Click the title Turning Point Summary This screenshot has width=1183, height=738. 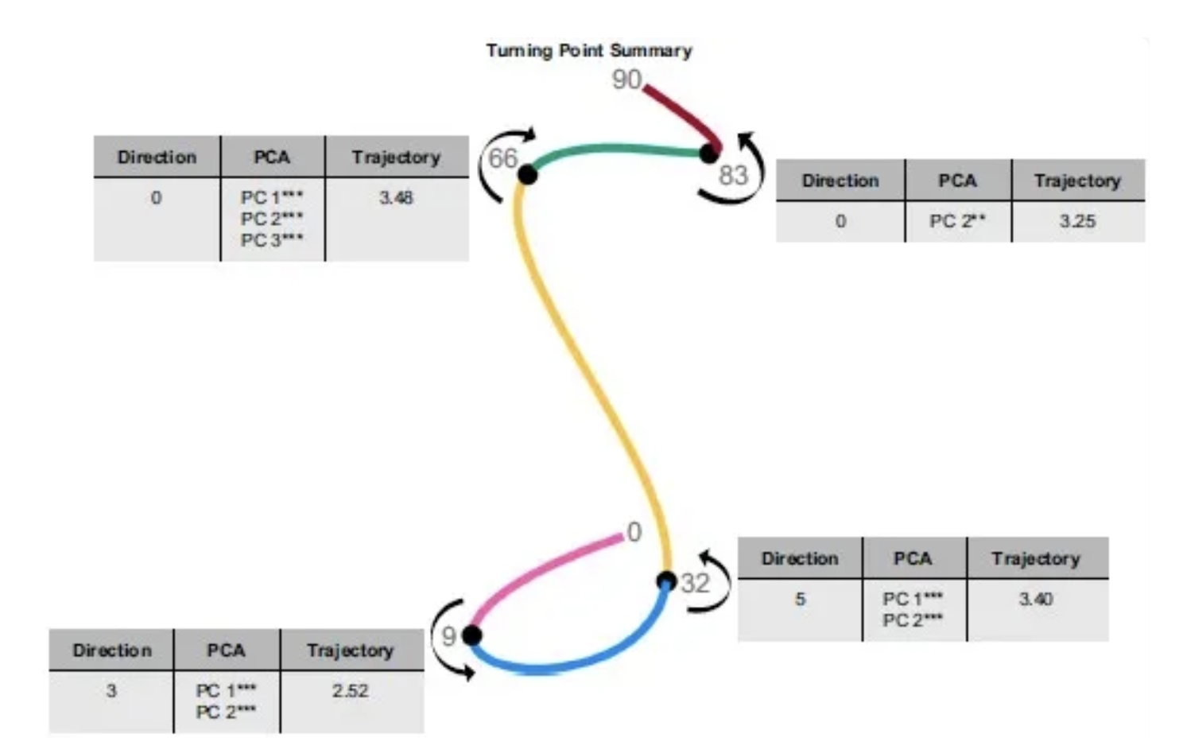point(589,51)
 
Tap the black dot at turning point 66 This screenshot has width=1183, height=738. point(527,173)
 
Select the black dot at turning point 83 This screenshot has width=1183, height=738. point(709,153)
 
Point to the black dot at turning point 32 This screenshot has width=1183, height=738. point(667,581)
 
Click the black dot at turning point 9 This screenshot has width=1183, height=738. point(472,635)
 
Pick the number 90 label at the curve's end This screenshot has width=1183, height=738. point(626,80)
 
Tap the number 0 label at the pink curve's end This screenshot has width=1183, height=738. point(634,532)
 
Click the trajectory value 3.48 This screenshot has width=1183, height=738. point(396,198)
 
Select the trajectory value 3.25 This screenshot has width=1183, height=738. point(1077,222)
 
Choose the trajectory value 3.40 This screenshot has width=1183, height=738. point(1036,599)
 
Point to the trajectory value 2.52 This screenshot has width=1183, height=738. point(351,690)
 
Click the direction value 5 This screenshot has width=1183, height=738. point(800,599)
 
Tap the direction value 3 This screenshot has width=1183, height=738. point(111,690)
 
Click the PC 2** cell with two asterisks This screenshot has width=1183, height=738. point(957,222)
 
